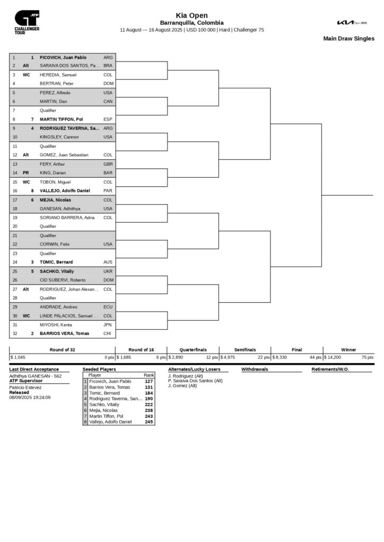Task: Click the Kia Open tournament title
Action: click(192, 15)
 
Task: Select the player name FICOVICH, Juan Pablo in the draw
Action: click(63, 57)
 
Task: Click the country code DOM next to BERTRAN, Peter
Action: click(108, 84)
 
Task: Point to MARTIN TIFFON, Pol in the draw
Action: click(61, 120)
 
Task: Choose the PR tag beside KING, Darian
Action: click(26, 173)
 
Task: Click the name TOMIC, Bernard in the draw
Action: click(56, 262)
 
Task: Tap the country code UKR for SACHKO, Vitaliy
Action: click(108, 271)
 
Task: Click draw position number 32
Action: click(14, 333)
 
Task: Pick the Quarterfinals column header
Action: click(192, 350)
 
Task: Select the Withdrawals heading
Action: click(255, 369)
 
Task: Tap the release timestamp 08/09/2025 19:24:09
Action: click(30, 397)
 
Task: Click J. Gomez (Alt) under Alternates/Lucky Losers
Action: click(182, 385)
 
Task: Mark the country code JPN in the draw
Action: click(108, 324)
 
